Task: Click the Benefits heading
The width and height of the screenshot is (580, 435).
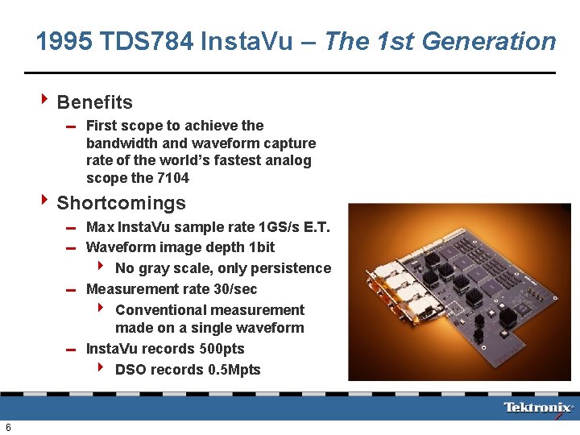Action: click(94, 102)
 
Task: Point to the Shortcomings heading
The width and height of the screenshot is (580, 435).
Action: click(121, 203)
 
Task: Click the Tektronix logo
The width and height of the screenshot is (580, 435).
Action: click(539, 408)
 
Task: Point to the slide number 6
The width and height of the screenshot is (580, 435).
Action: click(8, 426)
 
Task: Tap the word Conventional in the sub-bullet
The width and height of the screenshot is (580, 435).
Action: click(157, 310)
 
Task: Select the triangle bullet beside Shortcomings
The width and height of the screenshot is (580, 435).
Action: click(45, 202)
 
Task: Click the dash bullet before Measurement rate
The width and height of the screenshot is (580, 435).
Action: click(72, 290)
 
